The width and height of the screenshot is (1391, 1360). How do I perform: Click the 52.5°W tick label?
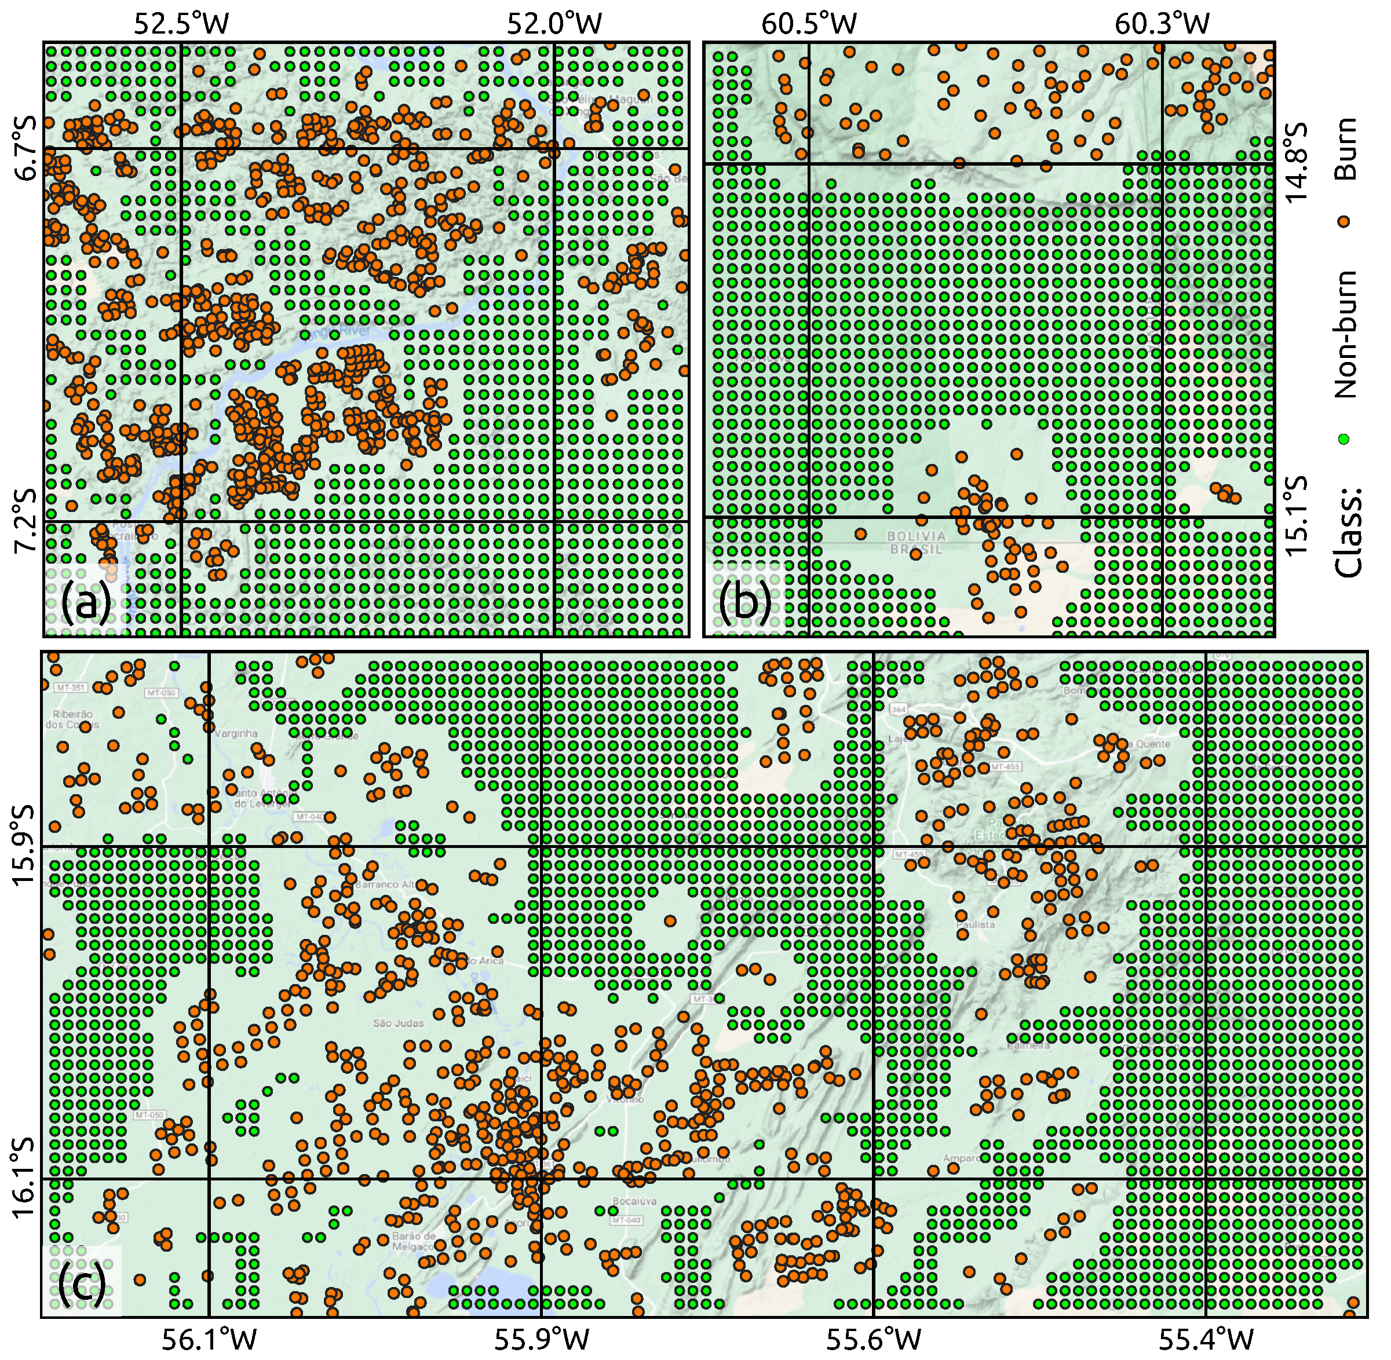[181, 24]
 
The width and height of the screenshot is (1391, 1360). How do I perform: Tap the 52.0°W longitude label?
[554, 24]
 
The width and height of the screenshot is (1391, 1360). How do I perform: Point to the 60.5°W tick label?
[809, 24]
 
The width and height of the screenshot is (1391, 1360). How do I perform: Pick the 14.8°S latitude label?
[1297, 163]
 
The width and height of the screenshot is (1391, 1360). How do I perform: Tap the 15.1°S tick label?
[1297, 516]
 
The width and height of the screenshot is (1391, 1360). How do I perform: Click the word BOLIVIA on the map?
[916, 536]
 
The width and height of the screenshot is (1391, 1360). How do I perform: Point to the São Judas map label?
[398, 1023]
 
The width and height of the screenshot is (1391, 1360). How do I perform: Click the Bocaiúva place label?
[634, 1201]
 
